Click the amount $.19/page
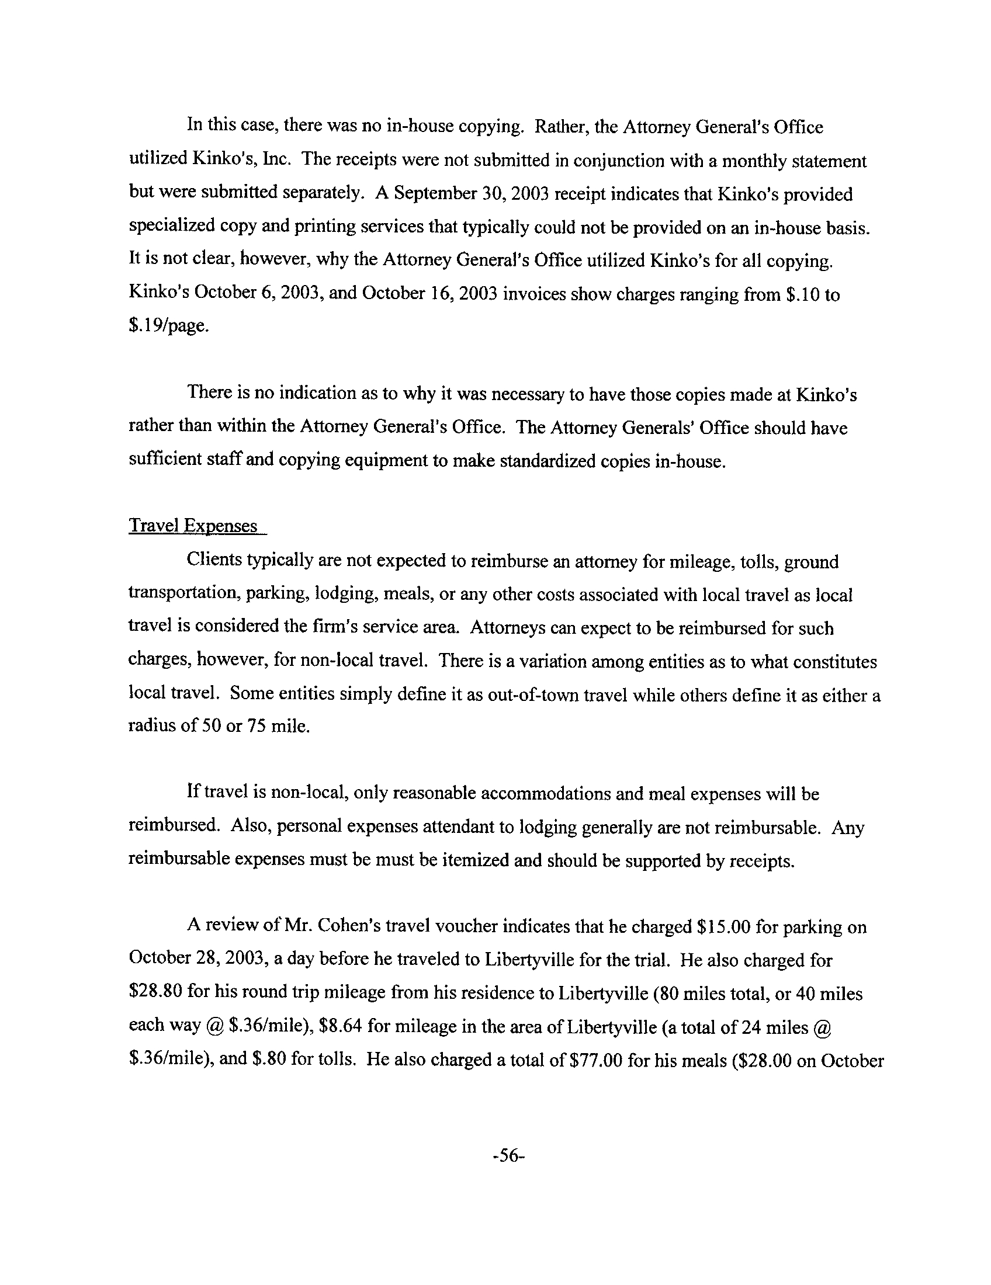pyautogui.click(x=168, y=326)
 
